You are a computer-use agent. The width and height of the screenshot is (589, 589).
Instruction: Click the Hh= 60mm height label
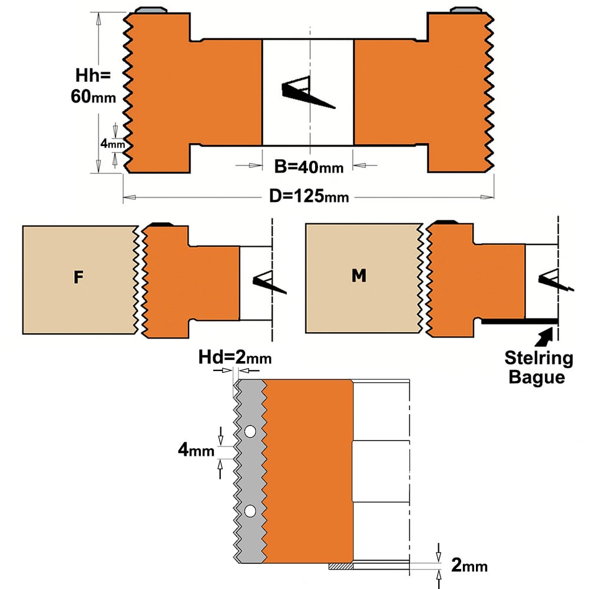(93, 86)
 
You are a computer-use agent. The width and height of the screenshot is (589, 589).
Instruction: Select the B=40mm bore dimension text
(309, 167)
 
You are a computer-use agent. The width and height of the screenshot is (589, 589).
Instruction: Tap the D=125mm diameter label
(309, 196)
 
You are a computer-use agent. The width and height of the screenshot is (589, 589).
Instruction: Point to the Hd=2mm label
(235, 358)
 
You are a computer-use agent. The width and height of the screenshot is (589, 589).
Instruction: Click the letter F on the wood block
(78, 277)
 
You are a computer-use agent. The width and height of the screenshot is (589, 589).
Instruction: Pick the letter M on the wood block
(359, 275)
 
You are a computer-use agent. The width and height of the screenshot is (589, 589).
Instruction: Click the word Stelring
(539, 358)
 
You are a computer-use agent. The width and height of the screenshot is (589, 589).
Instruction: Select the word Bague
(537, 377)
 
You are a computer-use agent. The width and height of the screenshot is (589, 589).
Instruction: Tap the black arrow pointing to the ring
(543, 336)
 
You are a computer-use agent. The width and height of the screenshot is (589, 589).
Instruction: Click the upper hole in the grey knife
(250, 432)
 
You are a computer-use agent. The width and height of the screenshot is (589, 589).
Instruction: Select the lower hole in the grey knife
(250, 511)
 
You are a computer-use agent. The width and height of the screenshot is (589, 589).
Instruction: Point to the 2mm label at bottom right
(469, 565)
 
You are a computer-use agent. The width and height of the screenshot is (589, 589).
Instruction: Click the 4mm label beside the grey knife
(196, 449)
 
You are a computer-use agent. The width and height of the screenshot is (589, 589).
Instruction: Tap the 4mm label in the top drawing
(112, 144)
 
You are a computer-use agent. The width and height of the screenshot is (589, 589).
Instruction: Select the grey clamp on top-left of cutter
(151, 10)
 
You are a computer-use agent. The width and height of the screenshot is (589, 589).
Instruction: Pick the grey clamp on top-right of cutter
(466, 10)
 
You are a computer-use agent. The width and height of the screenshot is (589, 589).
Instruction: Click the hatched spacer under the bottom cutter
(340, 566)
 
